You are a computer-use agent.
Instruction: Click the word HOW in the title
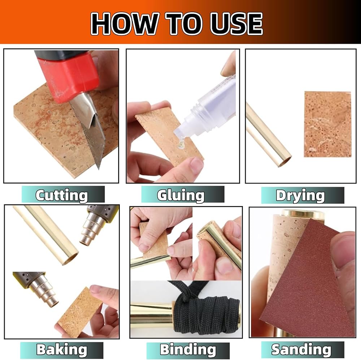pyautogui.click(x=125, y=23)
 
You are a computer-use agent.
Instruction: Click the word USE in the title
pyautogui.click(x=236, y=23)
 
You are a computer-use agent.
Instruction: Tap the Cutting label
pyautogui.click(x=62, y=195)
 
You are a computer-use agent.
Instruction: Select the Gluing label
pyautogui.click(x=181, y=195)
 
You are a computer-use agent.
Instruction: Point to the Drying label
pyautogui.click(x=300, y=196)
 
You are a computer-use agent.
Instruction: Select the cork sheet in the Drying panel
pyautogui.click(x=328, y=124)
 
